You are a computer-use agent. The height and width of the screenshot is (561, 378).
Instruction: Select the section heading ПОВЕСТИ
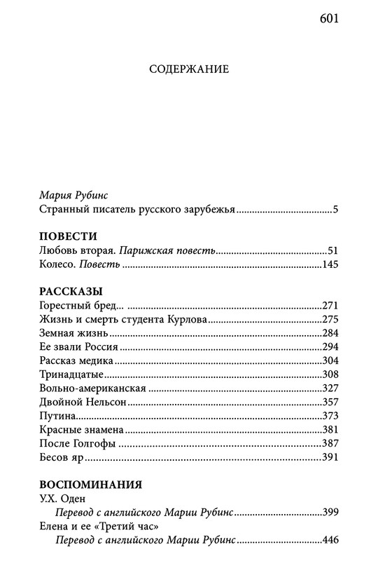68,236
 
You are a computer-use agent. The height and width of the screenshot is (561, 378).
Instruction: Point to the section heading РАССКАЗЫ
69,290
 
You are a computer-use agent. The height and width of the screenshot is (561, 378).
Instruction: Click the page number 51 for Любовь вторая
332,250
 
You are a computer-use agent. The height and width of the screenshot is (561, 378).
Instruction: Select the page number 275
330,319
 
